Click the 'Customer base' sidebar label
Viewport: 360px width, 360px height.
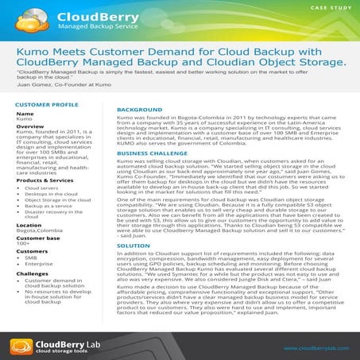tap(36, 238)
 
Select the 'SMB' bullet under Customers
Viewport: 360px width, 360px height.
tap(31, 257)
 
